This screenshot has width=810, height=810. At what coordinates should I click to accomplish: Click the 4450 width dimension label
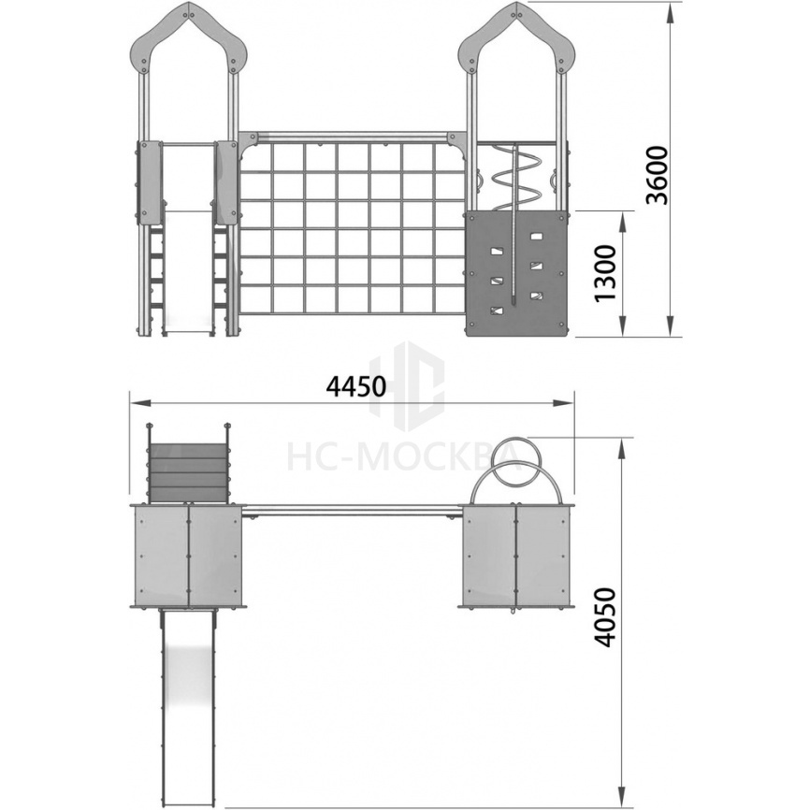pyautogui.click(x=356, y=386)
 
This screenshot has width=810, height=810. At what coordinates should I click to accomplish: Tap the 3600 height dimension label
pyautogui.click(x=658, y=176)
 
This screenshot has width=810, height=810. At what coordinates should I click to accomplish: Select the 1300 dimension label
pyautogui.click(x=606, y=273)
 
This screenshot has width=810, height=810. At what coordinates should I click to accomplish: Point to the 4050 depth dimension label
pyautogui.click(x=605, y=616)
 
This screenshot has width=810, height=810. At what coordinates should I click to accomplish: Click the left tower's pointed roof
pyautogui.click(x=189, y=31)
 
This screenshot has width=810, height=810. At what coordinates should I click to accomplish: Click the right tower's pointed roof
pyautogui.click(x=517, y=31)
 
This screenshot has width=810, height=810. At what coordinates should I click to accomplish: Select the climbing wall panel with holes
pyautogui.click(x=516, y=274)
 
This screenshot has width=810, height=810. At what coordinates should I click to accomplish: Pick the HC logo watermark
pyautogui.click(x=408, y=384)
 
